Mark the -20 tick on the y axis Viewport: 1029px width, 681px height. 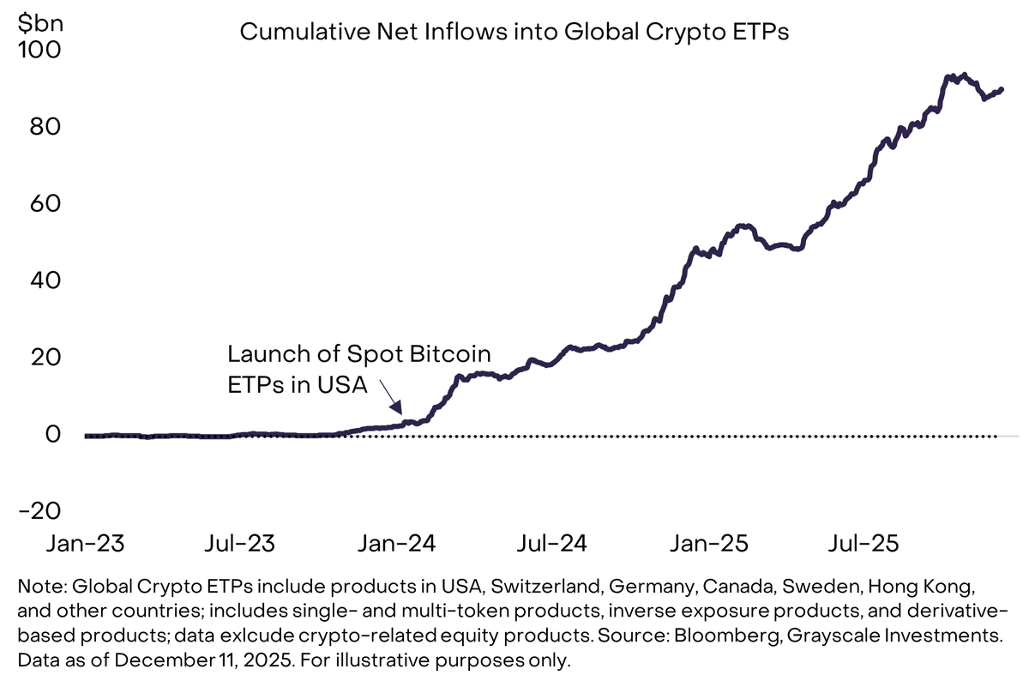pos(37,510)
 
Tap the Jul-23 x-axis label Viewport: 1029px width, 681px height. pos(240,544)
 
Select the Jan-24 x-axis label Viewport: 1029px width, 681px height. pos(395,544)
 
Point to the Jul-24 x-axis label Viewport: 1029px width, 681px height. pos(552,544)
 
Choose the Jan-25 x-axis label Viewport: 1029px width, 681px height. pos(707,544)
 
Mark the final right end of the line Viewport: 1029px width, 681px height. pos(1002,89)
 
